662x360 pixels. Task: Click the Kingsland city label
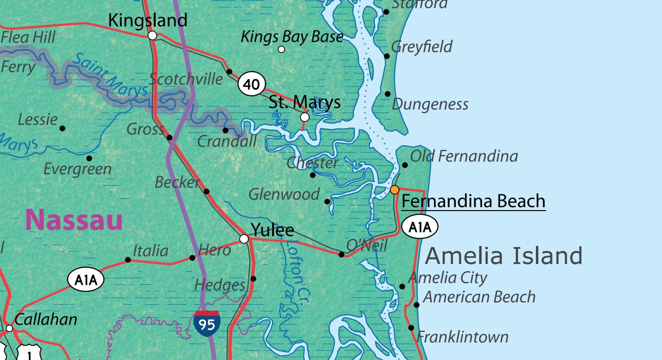[147, 20]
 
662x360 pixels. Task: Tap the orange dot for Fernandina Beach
[395, 189]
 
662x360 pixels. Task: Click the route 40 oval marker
[252, 84]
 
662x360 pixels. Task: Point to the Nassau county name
[74, 220]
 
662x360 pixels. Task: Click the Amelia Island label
[503, 255]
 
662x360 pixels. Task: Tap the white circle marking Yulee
[244, 238]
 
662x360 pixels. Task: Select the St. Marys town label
[305, 102]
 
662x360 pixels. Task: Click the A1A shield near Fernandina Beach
[420, 227]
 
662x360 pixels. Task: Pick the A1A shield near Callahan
[86, 280]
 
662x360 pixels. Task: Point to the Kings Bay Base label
[292, 36]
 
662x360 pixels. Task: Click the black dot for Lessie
[62, 128]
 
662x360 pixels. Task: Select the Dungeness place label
[430, 104]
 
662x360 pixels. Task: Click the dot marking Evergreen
[89, 158]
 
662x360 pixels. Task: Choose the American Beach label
[479, 296]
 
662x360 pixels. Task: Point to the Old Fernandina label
[464, 156]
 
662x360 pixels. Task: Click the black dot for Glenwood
[327, 201]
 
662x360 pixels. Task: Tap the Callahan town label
[46, 319]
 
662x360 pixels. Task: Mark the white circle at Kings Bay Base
[281, 49]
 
